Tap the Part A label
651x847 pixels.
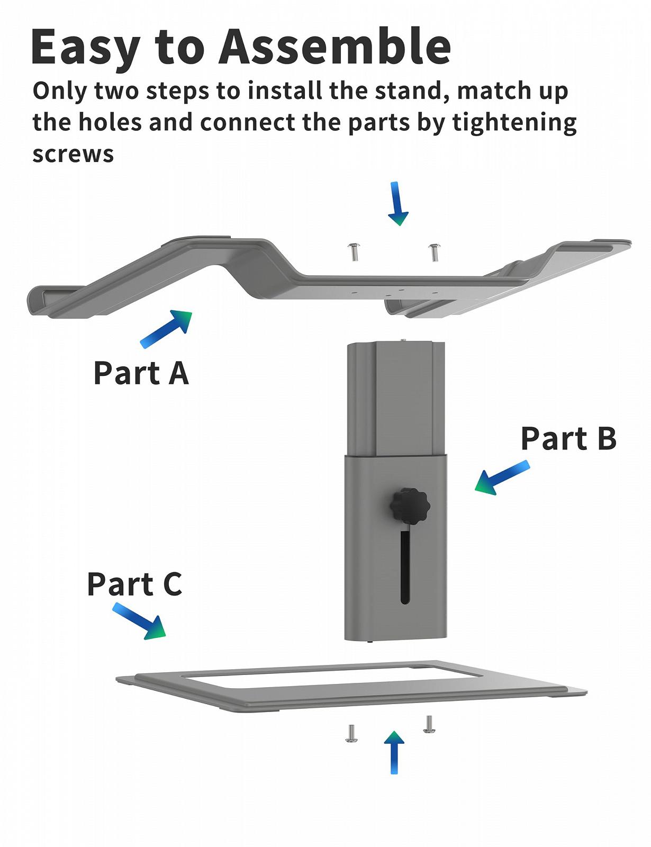(x=141, y=373)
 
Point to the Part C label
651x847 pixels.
(x=134, y=584)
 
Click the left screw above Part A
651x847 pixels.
(x=353, y=251)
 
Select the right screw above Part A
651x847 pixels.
(x=434, y=252)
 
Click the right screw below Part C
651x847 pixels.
(x=429, y=724)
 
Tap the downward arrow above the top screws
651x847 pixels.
(x=397, y=204)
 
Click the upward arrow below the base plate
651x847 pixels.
(x=394, y=752)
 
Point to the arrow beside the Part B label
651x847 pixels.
(x=501, y=477)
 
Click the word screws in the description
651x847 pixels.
(x=73, y=154)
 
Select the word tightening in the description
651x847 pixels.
(x=514, y=123)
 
